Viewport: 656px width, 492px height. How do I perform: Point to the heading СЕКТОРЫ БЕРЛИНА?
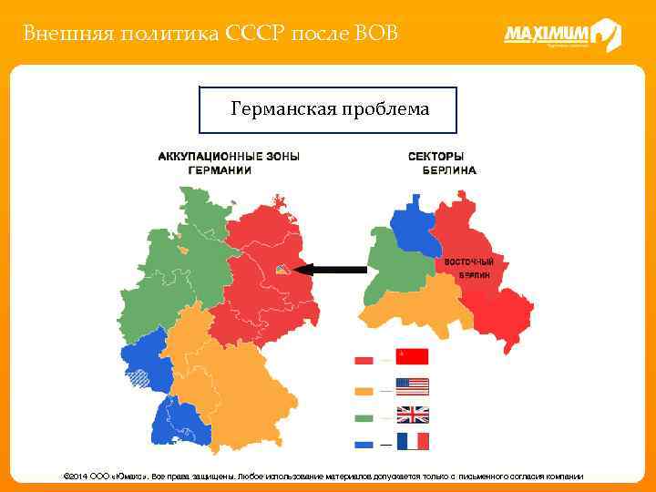(x=442, y=163)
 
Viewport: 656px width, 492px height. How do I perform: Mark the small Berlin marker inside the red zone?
(x=283, y=268)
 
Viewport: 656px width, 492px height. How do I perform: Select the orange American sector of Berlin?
(x=419, y=305)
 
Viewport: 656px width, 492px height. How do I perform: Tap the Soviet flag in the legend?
(x=412, y=357)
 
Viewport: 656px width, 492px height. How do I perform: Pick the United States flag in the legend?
(x=412, y=386)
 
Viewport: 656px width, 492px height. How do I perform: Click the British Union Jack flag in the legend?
(x=412, y=415)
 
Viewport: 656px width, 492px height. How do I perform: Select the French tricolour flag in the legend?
(x=412, y=442)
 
